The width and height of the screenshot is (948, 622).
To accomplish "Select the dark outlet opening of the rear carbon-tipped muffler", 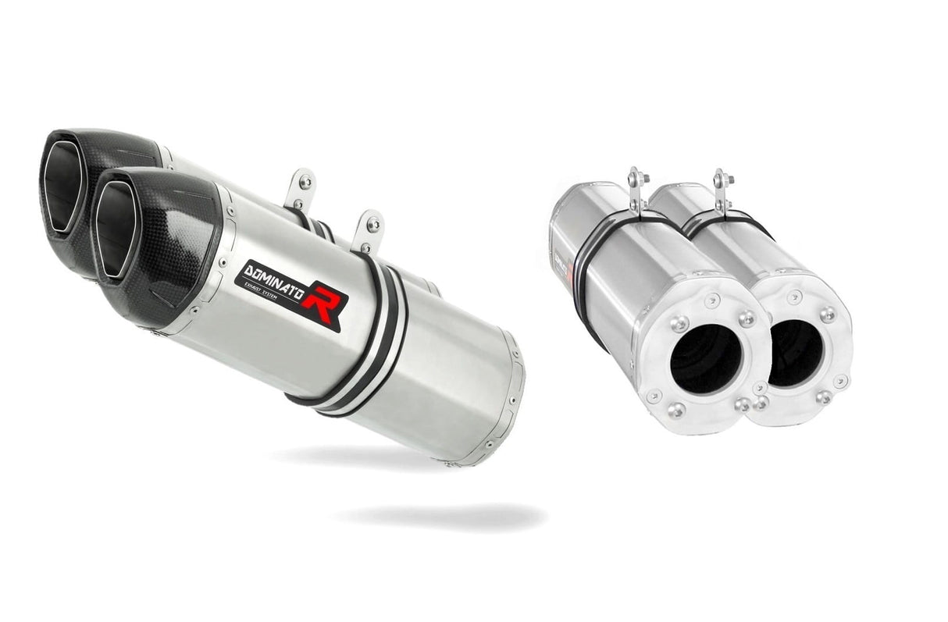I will [x=62, y=187].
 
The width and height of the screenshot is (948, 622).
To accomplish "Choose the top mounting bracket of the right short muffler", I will [x=722, y=188].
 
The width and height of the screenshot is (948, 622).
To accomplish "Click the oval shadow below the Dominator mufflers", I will [x=441, y=516].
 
